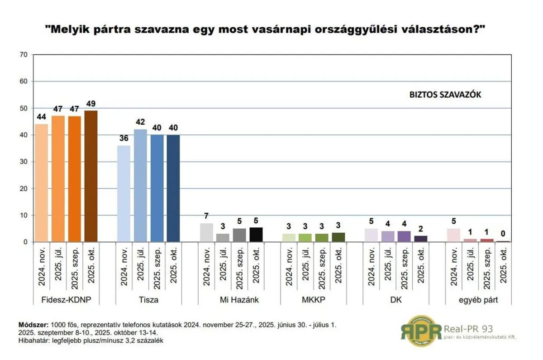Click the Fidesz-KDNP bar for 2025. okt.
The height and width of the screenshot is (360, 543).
coord(91,177)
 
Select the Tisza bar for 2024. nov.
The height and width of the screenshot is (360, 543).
coord(124,194)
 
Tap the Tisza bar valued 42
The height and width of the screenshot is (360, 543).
coord(140,186)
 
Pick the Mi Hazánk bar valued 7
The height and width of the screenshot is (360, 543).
coord(206,233)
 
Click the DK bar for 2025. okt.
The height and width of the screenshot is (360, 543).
coord(421,239)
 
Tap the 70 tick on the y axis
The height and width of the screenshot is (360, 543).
coord(24,55)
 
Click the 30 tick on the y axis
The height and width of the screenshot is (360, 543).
coord(24,162)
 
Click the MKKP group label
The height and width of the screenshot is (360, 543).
coord(314,300)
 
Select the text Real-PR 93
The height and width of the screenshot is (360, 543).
coord(468,328)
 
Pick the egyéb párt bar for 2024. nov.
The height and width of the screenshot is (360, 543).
coord(453,235)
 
